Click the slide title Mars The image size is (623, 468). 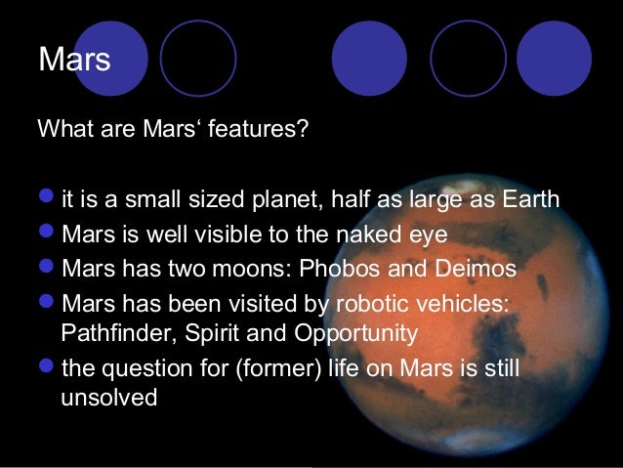(x=74, y=60)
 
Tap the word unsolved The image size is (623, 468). (x=108, y=400)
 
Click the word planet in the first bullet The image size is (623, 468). (x=284, y=200)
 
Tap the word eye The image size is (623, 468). (x=427, y=234)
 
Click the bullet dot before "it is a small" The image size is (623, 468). (x=48, y=200)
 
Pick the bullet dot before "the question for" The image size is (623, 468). (x=48, y=367)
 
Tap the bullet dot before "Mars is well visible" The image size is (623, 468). (x=48, y=234)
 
